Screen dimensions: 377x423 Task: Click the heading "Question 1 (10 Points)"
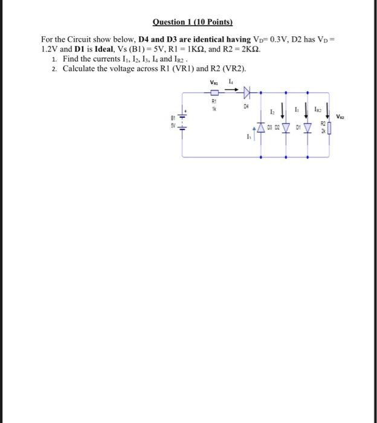[193, 22]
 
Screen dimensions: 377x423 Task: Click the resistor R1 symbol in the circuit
[214, 92]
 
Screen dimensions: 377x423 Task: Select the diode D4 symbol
[246, 92]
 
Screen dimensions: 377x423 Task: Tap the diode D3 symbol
[261, 128]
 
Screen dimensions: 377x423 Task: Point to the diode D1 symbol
[308, 128]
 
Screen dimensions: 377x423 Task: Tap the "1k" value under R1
[213, 110]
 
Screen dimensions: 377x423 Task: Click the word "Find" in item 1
[71, 59]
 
